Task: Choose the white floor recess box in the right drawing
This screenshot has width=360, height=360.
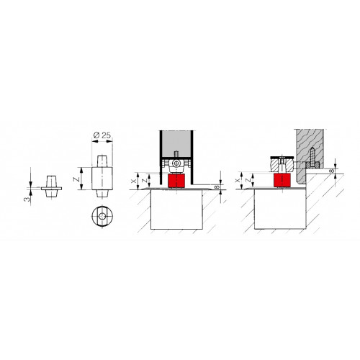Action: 280,210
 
